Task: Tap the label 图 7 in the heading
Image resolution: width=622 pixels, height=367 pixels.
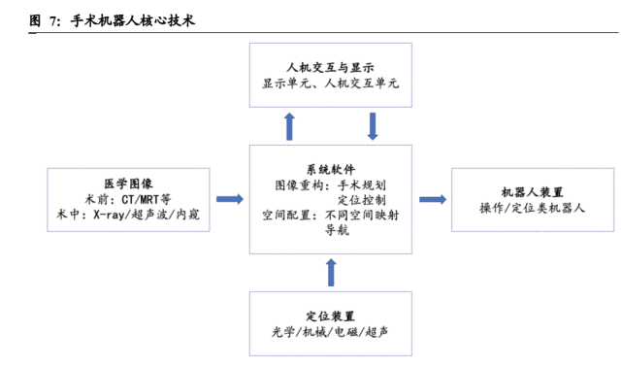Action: point(43,19)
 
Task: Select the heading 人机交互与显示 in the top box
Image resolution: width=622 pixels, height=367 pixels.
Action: point(330,67)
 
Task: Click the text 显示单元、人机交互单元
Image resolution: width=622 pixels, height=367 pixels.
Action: point(330,83)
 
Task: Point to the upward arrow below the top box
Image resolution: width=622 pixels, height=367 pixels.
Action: point(289,125)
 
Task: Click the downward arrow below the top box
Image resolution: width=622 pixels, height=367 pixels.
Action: point(373,125)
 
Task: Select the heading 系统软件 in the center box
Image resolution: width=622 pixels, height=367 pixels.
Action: point(330,168)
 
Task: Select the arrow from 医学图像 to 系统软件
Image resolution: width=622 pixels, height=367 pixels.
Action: point(229,199)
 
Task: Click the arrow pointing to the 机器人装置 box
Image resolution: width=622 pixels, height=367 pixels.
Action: point(433,199)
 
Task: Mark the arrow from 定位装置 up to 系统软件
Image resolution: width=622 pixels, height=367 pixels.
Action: point(331,273)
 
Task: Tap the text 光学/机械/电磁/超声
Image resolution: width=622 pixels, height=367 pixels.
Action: point(330,332)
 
